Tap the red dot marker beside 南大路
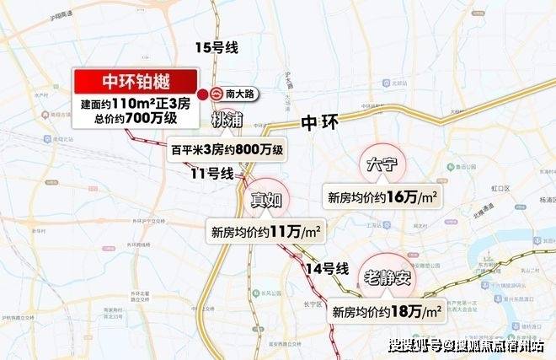point(202,94)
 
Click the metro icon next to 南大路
point(217,94)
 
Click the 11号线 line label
point(211,175)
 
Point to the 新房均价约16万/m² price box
point(382,197)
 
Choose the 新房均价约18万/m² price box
point(388,311)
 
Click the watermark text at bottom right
point(468,346)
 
